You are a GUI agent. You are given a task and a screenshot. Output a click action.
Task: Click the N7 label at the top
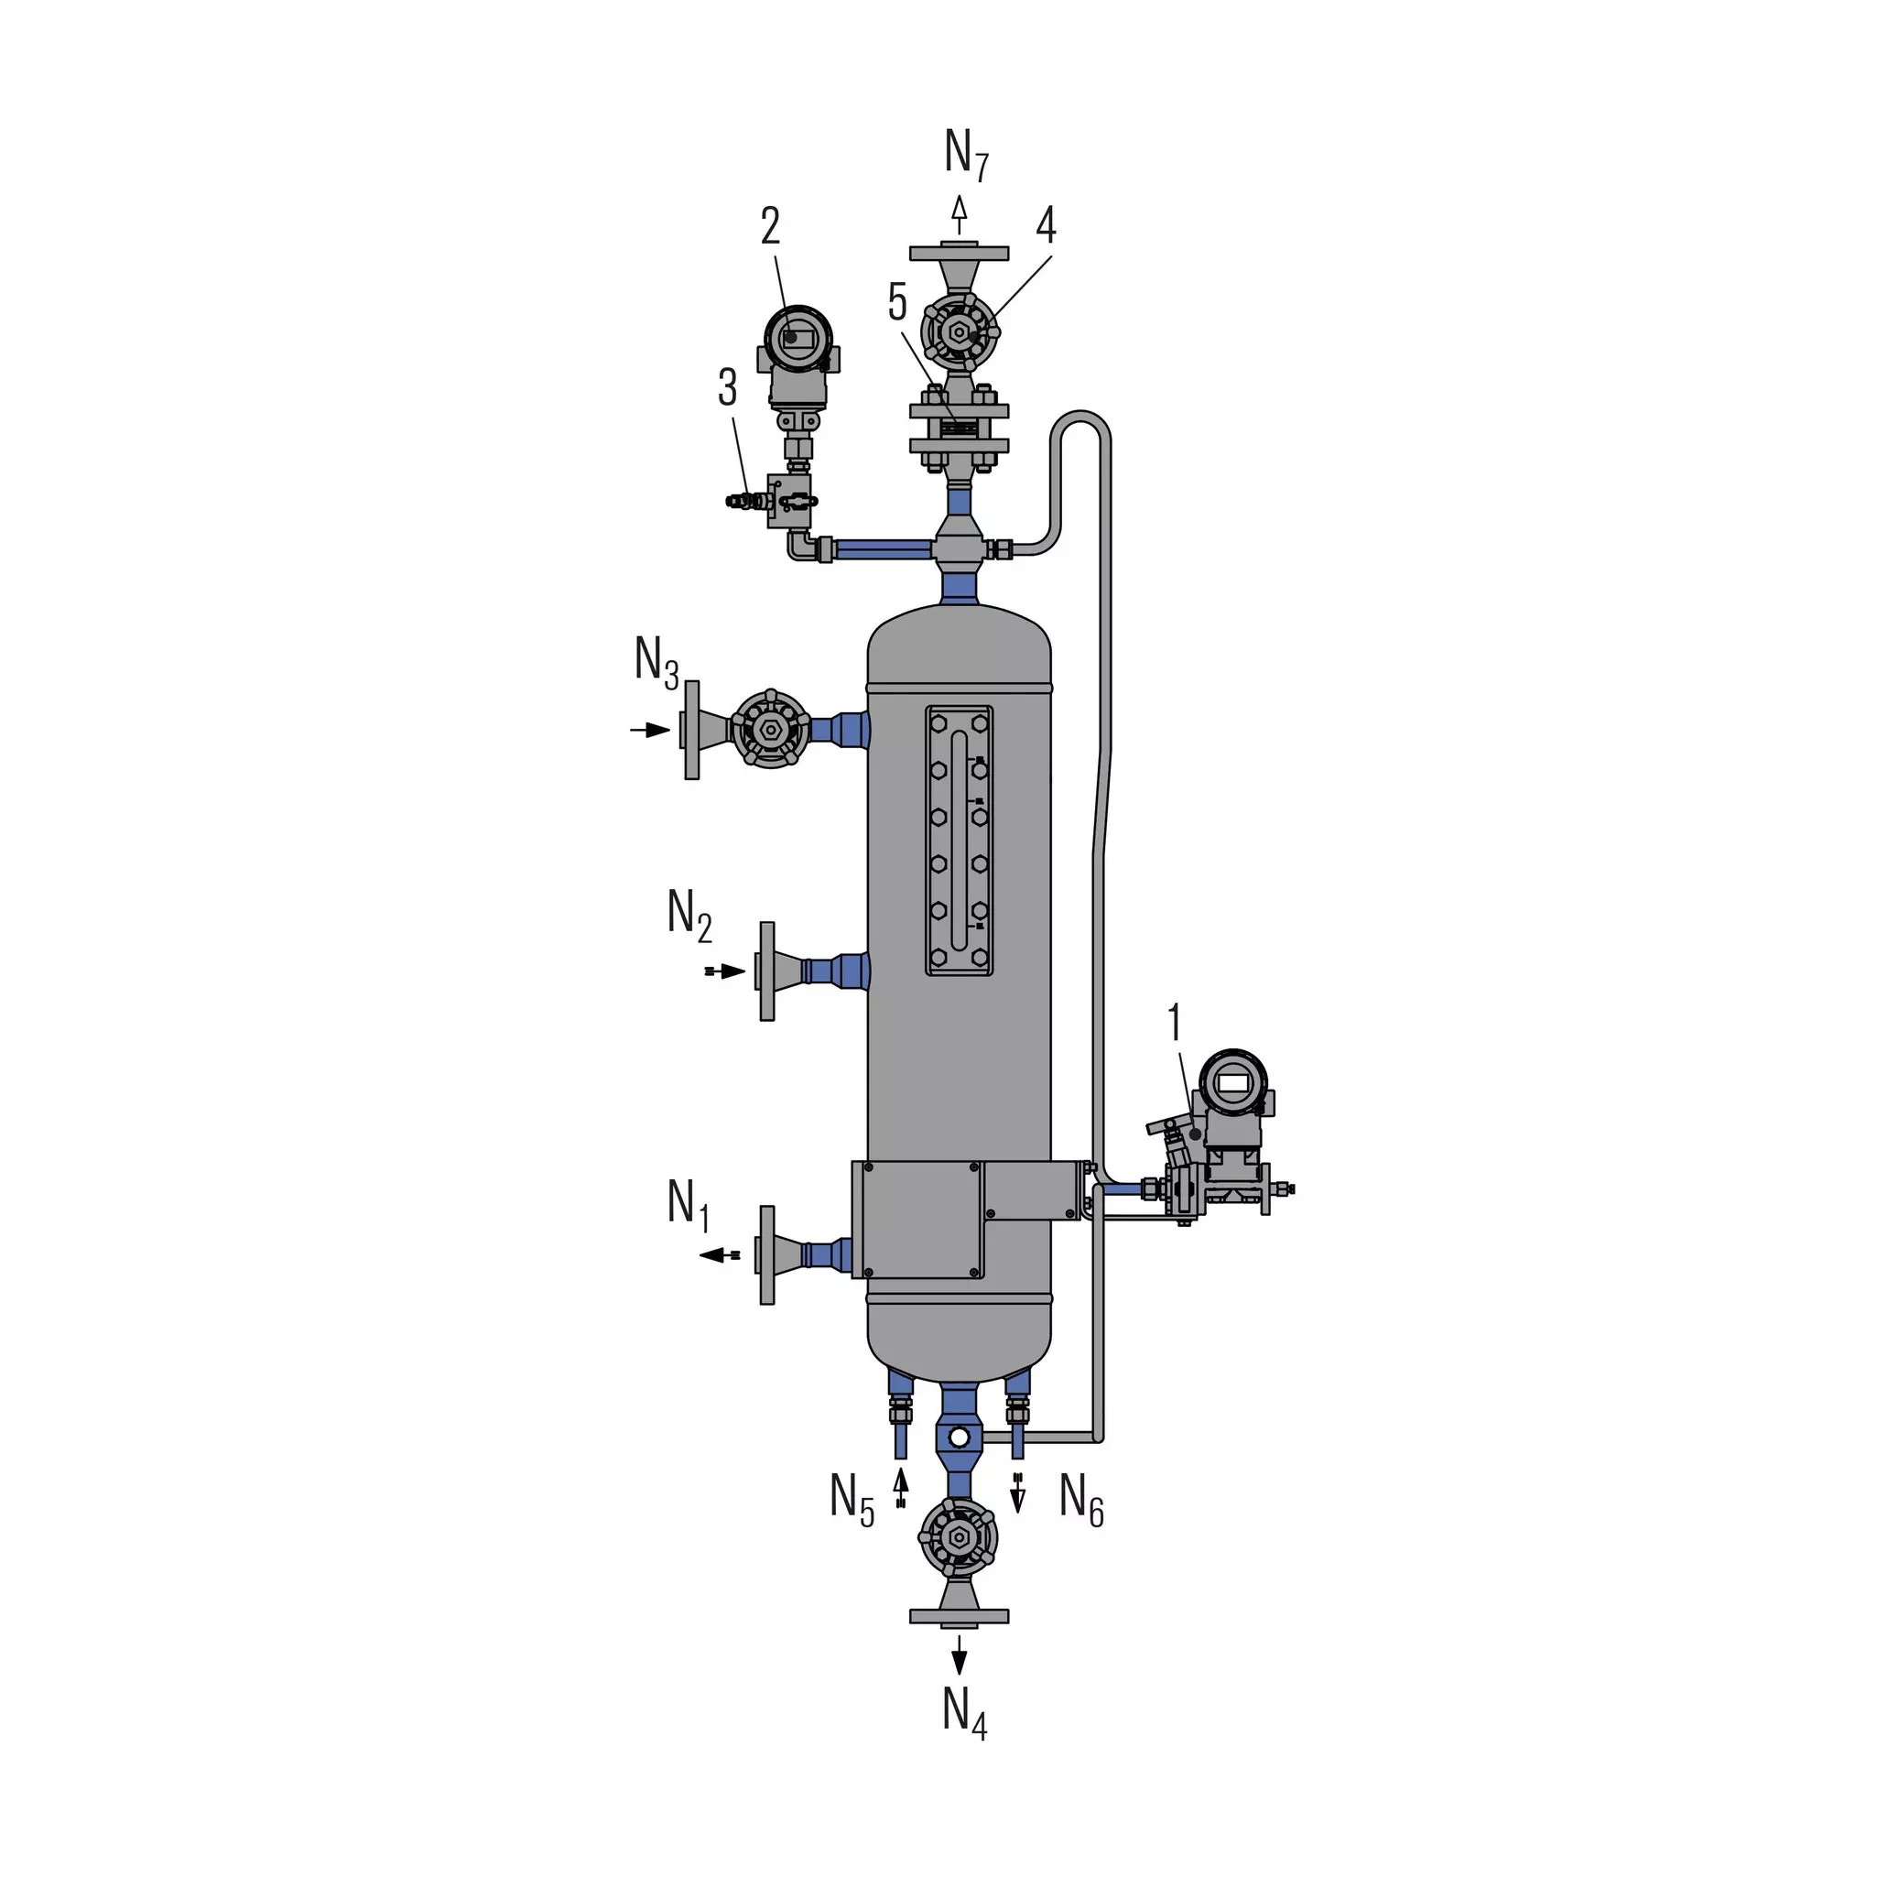[967, 155]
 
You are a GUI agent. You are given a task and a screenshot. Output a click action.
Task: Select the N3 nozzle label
[656, 662]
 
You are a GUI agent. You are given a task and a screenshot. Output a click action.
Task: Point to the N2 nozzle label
[689, 916]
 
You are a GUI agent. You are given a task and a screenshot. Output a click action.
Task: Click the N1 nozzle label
[689, 1205]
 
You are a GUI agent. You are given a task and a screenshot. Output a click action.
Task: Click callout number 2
[770, 225]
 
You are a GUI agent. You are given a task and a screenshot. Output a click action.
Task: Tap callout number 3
[728, 386]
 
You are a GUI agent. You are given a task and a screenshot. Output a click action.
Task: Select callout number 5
[897, 302]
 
